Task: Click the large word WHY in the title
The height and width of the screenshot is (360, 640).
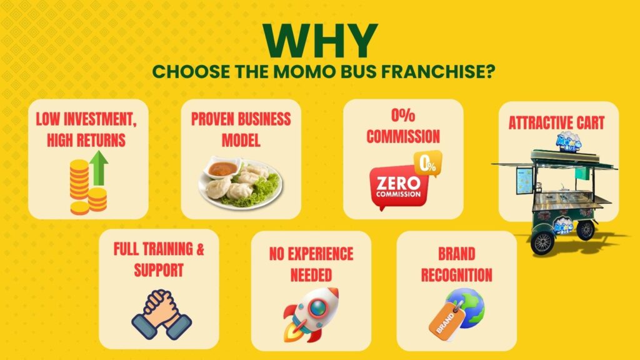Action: pyautogui.click(x=321, y=41)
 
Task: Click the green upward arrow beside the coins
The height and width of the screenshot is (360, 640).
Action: pyautogui.click(x=98, y=169)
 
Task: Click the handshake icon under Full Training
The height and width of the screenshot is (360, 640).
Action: pyautogui.click(x=162, y=314)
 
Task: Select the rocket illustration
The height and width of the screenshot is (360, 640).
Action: pyautogui.click(x=311, y=314)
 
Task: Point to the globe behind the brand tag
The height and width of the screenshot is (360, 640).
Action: pyautogui.click(x=467, y=307)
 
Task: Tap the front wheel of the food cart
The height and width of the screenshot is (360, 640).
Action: pyautogui.click(x=542, y=243)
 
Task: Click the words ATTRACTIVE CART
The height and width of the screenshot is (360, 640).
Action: pyautogui.click(x=556, y=123)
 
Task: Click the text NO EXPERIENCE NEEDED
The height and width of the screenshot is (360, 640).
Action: pyautogui.click(x=311, y=264)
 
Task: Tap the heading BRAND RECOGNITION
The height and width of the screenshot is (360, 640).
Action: pyautogui.click(x=457, y=264)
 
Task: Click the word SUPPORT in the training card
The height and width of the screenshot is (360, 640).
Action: pyautogui.click(x=159, y=270)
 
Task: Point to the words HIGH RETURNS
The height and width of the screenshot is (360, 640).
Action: pyautogui.click(x=86, y=141)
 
